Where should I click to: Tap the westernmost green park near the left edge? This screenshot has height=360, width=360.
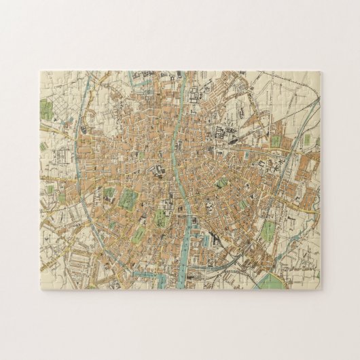click(45, 108)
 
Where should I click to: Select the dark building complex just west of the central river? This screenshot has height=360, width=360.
click(161, 170)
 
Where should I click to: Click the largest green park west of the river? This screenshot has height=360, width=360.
click(127, 199)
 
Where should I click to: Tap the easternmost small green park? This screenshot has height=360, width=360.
click(317, 141)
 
